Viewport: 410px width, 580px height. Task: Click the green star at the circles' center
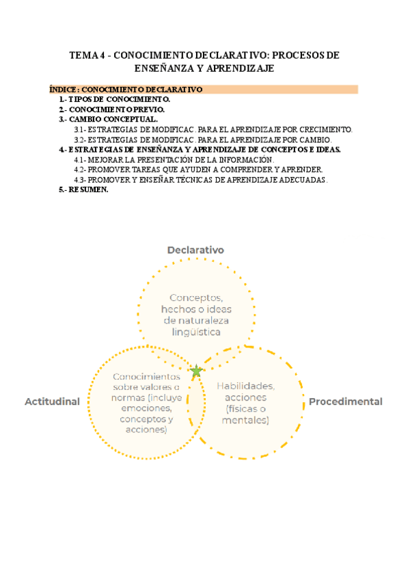click(x=197, y=371)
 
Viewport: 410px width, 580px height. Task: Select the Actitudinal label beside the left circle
click(x=53, y=401)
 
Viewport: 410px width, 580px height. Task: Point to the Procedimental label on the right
click(x=345, y=401)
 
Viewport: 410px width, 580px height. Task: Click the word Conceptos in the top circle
click(x=196, y=298)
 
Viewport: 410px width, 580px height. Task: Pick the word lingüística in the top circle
click(x=196, y=332)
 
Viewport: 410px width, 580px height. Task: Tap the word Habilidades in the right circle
click(x=246, y=386)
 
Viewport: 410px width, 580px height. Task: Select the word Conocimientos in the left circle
click(x=147, y=376)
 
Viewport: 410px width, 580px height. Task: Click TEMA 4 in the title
click(x=86, y=55)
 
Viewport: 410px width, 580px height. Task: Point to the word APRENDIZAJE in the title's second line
click(x=243, y=68)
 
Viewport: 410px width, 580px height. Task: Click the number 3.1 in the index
click(x=79, y=129)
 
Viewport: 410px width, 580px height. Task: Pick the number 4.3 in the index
click(x=79, y=180)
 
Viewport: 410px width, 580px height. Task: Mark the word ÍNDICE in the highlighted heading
click(x=64, y=90)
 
